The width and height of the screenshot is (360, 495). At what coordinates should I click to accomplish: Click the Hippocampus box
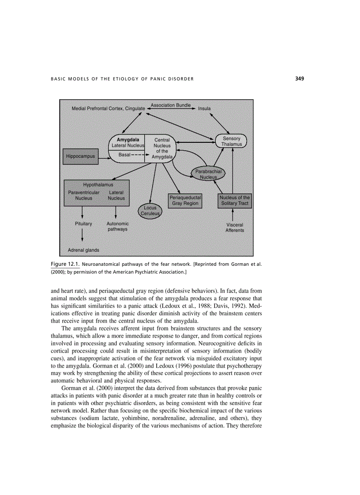click(x=80, y=156)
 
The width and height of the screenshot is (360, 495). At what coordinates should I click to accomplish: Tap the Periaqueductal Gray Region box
click(x=185, y=201)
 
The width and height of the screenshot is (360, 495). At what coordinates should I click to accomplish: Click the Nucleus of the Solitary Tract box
click(x=235, y=201)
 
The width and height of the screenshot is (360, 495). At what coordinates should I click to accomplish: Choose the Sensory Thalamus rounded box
click(x=231, y=141)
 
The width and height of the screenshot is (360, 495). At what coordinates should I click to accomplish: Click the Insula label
click(x=204, y=108)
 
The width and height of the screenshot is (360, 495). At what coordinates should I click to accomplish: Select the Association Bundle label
click(x=171, y=105)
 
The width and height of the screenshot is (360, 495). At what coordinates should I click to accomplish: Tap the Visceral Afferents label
click(x=235, y=227)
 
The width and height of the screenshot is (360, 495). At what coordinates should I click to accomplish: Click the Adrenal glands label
click(x=83, y=250)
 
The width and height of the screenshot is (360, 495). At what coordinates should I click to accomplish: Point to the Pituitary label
click(x=83, y=224)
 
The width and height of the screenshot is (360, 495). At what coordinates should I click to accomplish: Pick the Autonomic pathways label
click(x=117, y=227)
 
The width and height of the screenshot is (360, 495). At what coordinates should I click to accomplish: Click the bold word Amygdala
click(x=128, y=140)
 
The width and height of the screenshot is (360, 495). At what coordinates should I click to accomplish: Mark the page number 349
click(x=300, y=79)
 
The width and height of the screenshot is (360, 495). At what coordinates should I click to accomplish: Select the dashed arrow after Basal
click(x=141, y=155)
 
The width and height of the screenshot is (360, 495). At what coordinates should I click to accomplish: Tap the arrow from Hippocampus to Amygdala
click(x=103, y=156)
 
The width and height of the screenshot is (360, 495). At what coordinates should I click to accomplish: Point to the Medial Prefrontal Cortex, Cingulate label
click(x=109, y=108)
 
